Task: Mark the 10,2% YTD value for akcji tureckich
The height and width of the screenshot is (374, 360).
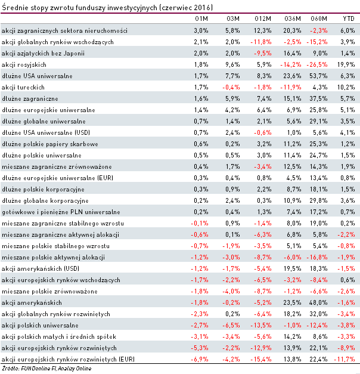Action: click(347, 87)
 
